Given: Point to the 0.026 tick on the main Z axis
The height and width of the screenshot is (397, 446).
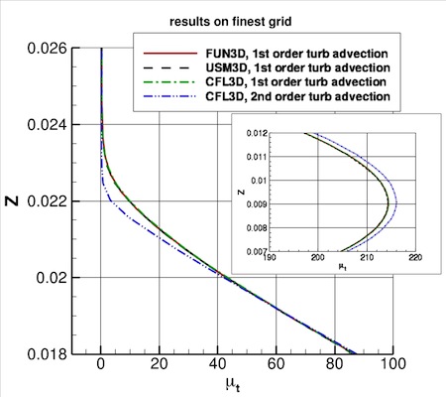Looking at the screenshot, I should pos(47,48).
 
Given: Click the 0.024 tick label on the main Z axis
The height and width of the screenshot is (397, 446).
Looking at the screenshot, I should pos(47,124).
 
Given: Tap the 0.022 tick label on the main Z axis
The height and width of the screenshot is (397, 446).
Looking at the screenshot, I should pos(47,200).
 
